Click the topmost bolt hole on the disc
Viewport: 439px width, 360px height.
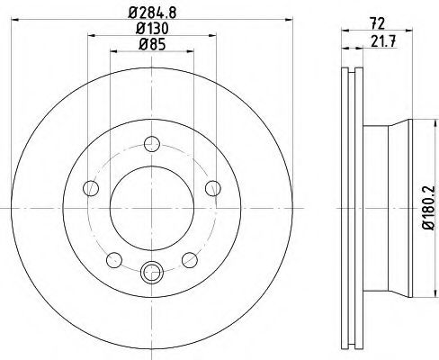coord(151,142)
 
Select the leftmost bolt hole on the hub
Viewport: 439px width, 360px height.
coord(90,188)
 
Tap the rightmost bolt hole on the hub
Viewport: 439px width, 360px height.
coord(212,187)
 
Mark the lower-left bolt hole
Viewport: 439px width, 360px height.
coord(113,259)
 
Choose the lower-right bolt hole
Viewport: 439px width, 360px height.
coord(189,259)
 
